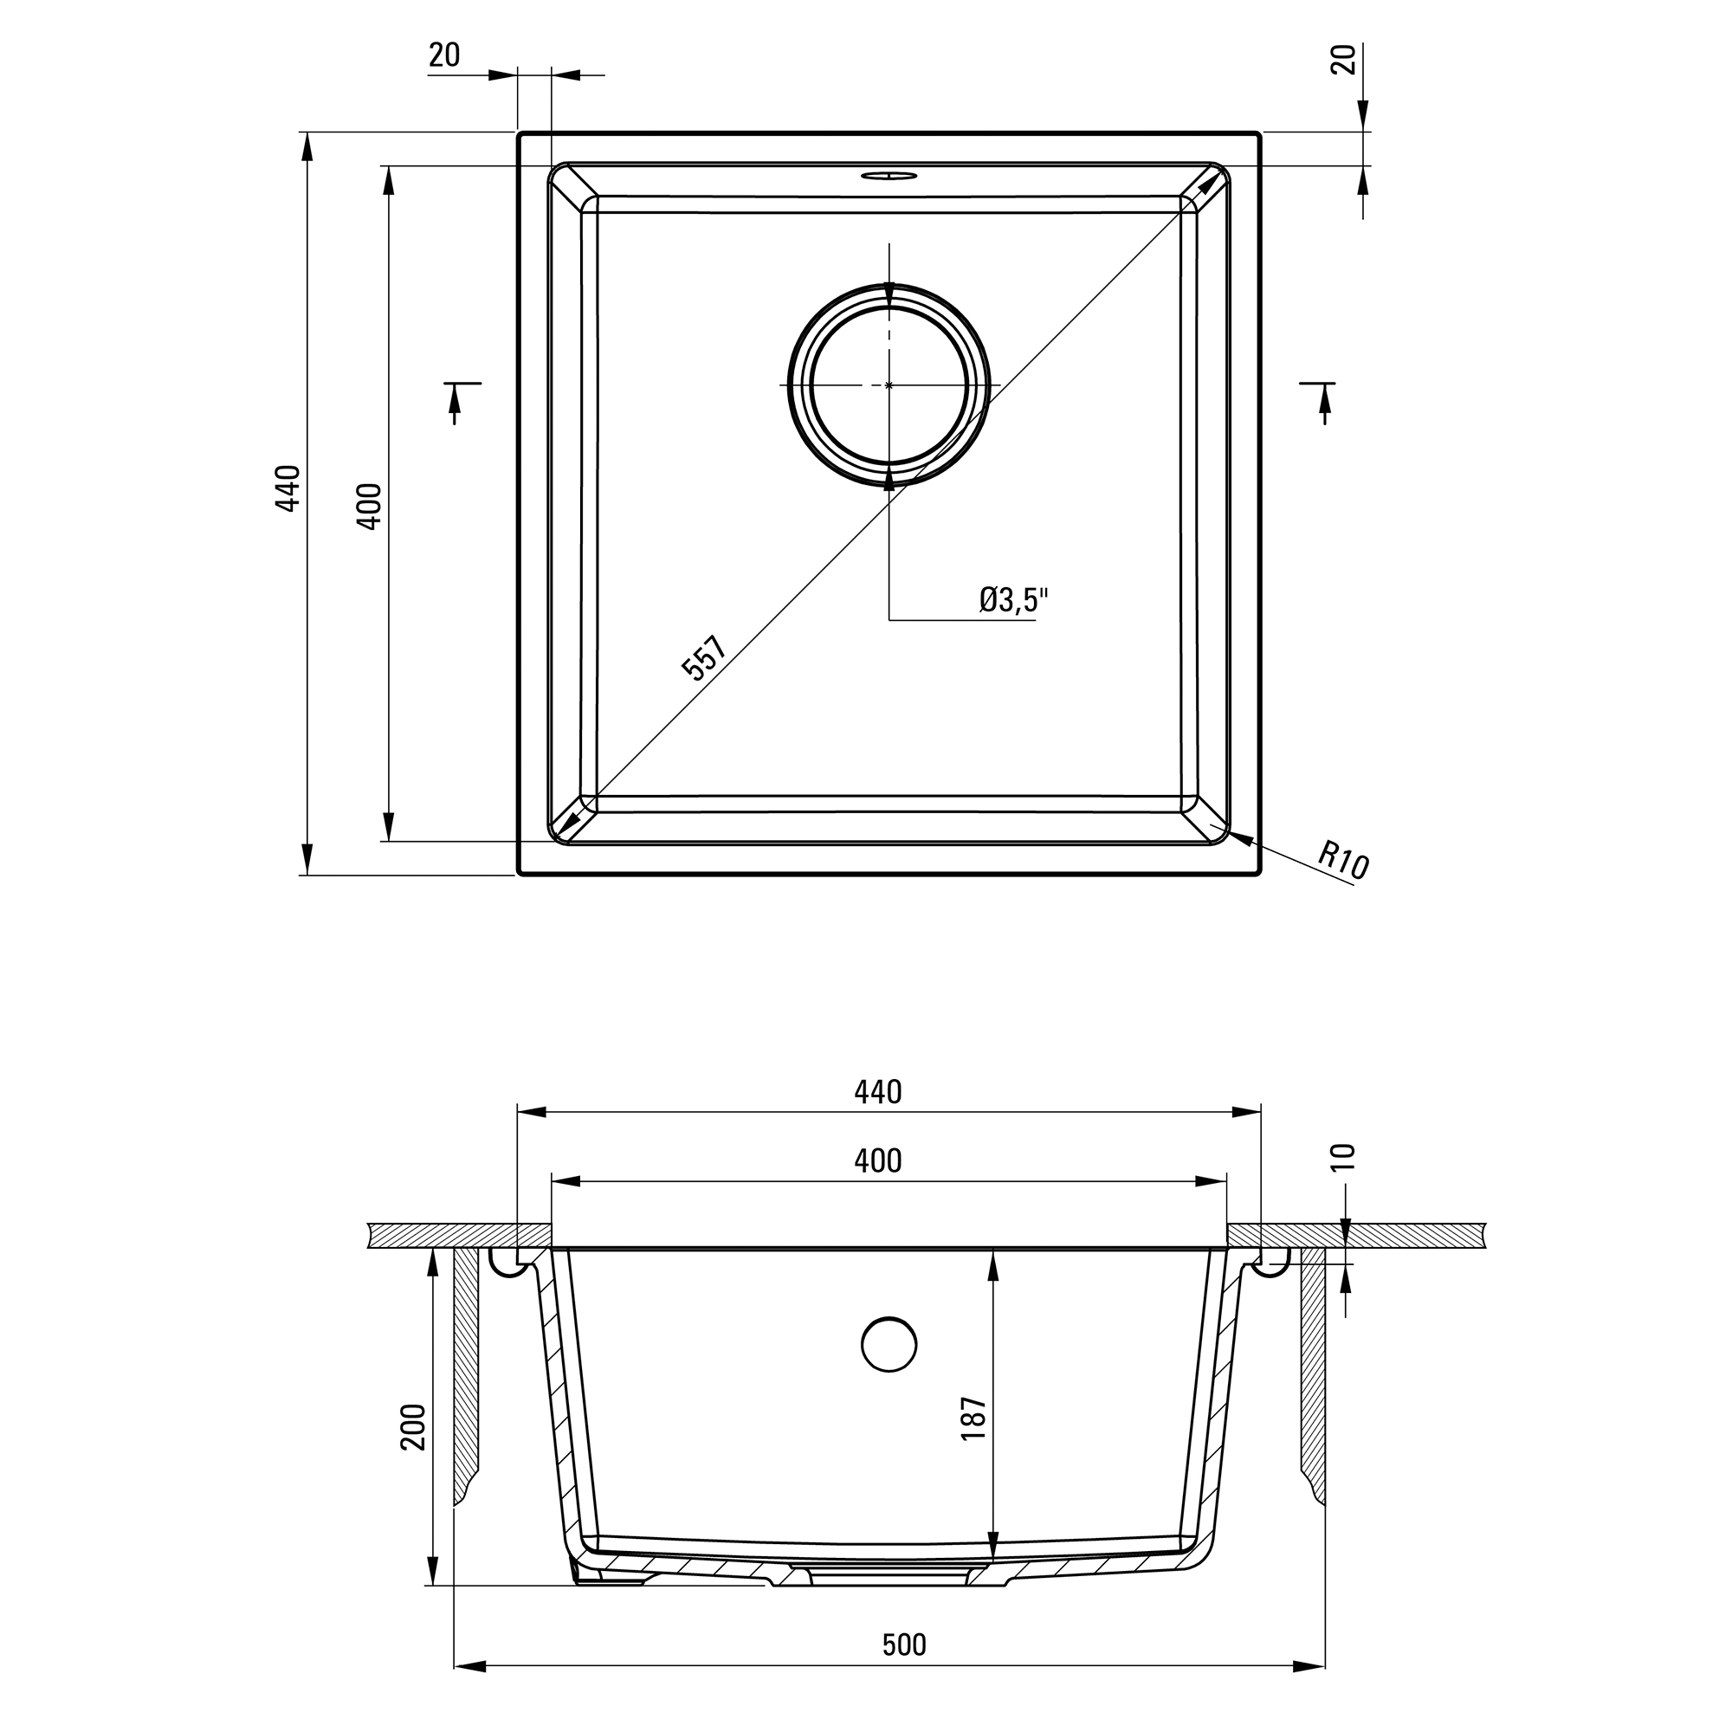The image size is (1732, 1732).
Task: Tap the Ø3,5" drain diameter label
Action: (1013, 600)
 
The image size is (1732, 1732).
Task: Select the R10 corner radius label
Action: (1343, 860)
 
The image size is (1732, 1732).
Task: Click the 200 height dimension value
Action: (413, 1426)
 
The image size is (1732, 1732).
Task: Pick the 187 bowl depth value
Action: (973, 1419)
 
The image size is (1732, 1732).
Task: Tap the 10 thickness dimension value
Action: (1345, 1157)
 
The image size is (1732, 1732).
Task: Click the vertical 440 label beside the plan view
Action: (288, 488)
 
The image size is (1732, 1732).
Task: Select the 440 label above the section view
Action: (877, 1091)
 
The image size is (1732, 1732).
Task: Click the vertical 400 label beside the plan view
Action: (368, 507)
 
